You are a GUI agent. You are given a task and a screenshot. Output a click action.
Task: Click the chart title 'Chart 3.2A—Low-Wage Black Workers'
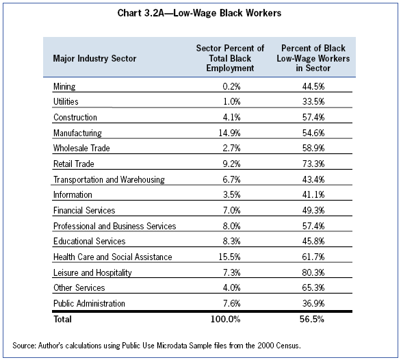199,13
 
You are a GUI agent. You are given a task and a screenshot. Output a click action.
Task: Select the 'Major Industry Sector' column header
94,58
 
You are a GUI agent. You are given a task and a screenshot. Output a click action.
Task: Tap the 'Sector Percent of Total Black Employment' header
230,58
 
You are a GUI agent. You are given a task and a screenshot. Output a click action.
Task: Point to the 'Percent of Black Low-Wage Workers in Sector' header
313,58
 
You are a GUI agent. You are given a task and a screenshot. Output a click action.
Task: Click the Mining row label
64,86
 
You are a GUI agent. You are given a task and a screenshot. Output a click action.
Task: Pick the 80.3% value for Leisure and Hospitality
313,272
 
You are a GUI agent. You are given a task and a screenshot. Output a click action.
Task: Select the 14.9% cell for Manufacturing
229,133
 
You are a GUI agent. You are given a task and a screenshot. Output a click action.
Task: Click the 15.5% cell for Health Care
229,257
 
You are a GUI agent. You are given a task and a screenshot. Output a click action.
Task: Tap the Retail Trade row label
74,164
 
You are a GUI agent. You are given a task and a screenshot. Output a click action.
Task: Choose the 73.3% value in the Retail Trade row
313,164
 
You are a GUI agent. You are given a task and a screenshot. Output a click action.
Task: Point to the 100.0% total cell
226,319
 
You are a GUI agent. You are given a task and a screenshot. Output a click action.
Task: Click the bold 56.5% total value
312,319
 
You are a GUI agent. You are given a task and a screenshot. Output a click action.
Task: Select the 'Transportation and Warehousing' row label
109,179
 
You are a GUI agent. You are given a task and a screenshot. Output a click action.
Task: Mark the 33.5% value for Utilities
313,101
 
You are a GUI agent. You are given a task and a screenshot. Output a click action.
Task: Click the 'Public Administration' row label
89,303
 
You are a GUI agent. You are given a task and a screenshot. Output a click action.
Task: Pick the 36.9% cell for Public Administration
313,303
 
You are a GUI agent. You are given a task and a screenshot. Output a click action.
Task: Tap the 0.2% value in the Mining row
231,86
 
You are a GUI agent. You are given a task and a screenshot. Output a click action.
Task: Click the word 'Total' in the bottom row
62,319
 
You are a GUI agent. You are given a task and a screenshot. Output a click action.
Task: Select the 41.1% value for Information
313,194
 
